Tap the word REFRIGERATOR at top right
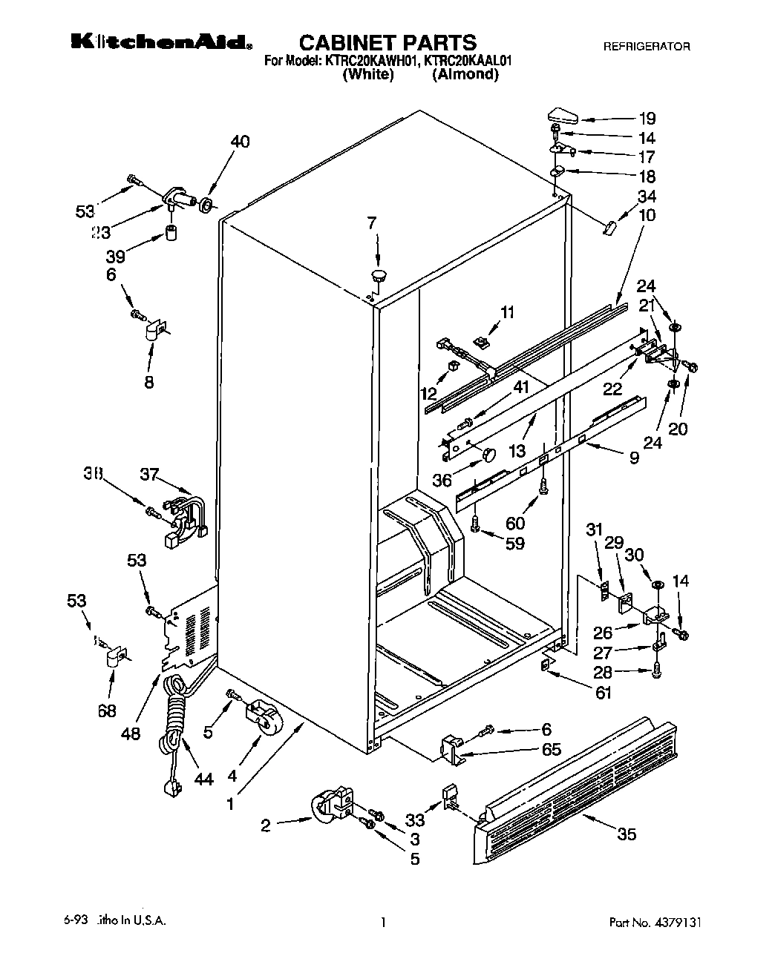[x=646, y=46]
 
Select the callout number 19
[x=647, y=118]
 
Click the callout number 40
[x=240, y=142]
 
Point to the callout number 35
[x=627, y=834]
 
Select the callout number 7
[x=372, y=221]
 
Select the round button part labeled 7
[x=379, y=276]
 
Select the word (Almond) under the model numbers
[x=465, y=74]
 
